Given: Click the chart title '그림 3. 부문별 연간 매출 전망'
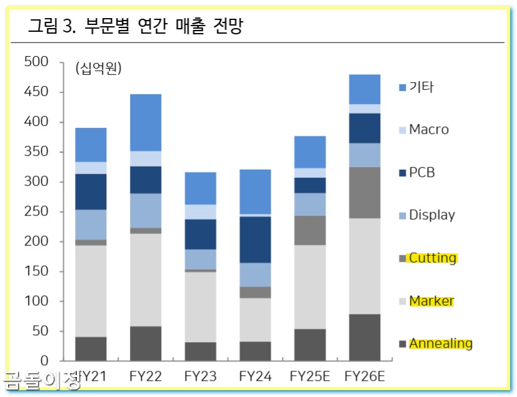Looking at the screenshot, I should pos(136,27).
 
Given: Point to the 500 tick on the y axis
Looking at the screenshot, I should pos(36,62).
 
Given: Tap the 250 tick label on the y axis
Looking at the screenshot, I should pos(36,212).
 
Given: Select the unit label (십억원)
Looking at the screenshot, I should pos(98,67).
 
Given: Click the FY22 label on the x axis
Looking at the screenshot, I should pos(145,376).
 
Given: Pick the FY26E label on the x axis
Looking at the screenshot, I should pos(365,376).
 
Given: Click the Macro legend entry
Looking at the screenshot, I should pos(428,130).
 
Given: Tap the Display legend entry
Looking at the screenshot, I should pos(431,215).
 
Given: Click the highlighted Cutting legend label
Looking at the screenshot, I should pos(433,258).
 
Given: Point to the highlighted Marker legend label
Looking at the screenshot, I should pos(431,301).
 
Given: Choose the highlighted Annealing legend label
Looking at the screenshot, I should pos(440,343).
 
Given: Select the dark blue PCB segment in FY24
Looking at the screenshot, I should pos(255,239).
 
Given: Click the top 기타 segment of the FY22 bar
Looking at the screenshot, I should pos(145,122).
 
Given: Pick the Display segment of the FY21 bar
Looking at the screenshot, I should pos(91,225).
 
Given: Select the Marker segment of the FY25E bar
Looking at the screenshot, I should pos(310,287).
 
